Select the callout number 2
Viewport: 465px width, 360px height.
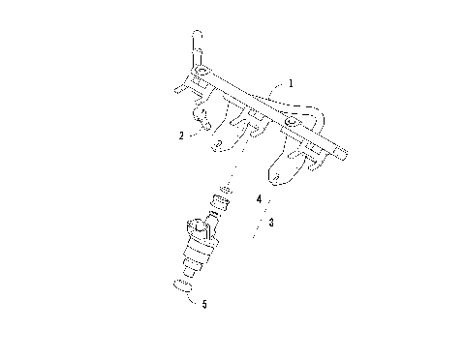(x=181, y=136)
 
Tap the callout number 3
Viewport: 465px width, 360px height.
(x=272, y=221)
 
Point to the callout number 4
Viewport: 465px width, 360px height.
(x=259, y=198)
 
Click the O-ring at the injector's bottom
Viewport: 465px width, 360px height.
(x=180, y=285)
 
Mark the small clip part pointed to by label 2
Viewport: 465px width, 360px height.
(x=203, y=122)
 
